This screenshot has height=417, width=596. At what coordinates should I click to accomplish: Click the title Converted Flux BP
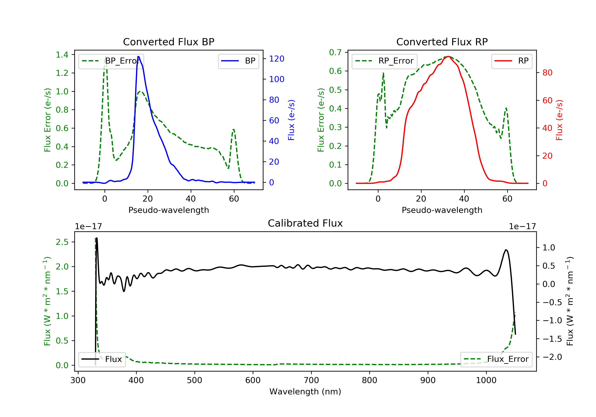coord(168,42)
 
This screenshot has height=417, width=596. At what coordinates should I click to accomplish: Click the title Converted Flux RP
coord(442,42)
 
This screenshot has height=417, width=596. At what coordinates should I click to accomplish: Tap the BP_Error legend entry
coord(111,61)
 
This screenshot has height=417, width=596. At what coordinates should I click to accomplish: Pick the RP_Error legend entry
coord(384,61)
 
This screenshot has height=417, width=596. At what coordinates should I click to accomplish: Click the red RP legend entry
coord(512,61)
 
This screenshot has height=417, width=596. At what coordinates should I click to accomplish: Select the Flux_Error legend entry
coord(496,359)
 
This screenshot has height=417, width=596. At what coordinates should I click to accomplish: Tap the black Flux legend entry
coord(102,359)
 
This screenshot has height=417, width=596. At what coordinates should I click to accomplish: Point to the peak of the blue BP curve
coord(138,56)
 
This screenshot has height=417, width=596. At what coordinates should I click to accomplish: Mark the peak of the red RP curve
coord(448,56)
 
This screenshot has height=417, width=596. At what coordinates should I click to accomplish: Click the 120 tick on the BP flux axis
coord(277,59)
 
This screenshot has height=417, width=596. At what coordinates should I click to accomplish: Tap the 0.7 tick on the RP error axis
coord(335,52)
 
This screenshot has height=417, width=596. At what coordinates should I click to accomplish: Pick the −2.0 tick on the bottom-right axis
coord(552,357)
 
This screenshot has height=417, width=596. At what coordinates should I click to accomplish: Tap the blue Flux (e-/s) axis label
coord(291,120)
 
